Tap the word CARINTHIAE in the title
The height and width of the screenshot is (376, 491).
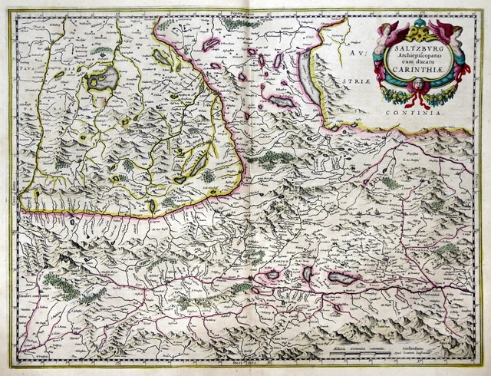point(418,69)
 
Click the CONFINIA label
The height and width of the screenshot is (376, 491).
point(440,113)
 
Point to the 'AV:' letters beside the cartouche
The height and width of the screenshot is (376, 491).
point(351,55)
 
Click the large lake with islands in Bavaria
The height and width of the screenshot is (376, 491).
point(102,78)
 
